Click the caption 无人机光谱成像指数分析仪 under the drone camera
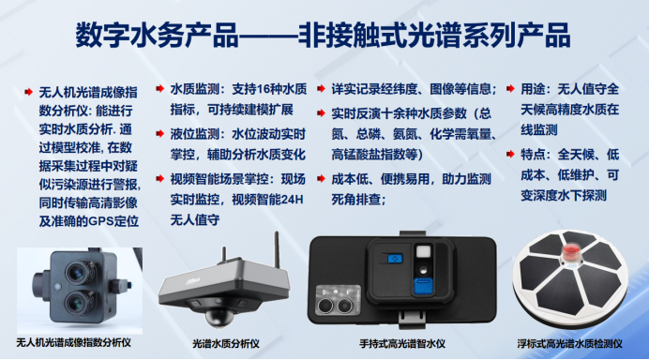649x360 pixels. pos(73,343)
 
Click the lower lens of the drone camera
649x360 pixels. pos(70,299)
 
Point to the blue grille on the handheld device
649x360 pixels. pos(421,286)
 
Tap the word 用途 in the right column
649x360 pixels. pos(543,88)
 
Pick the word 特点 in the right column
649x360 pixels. pos(543,154)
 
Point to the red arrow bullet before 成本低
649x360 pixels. pos(322,176)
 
